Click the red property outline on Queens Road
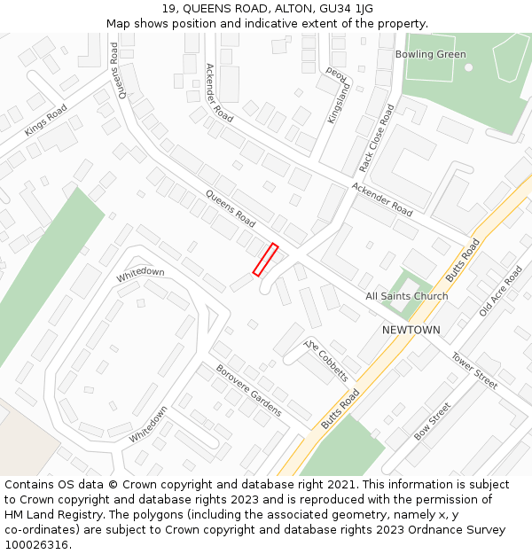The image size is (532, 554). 266,260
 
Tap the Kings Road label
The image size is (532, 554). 45,121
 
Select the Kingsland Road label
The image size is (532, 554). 338,94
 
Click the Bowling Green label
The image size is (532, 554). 430,54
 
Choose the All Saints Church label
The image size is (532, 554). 407,296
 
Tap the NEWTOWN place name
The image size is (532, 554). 411,330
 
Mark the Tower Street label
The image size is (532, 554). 474,371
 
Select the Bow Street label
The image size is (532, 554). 433,421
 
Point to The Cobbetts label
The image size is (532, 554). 326,360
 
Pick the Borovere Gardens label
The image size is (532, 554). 249,390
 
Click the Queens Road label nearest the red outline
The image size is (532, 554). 231,207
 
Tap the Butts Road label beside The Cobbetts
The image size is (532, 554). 340,410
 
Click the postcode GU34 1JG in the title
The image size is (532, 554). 343,9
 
